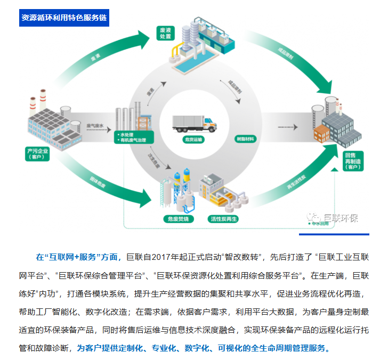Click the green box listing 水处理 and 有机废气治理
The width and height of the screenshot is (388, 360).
pos(134,137)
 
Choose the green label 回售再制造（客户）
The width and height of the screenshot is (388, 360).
pos(350,158)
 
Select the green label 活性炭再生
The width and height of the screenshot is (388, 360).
pos(223,219)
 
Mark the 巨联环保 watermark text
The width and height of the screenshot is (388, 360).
pos(341,218)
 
